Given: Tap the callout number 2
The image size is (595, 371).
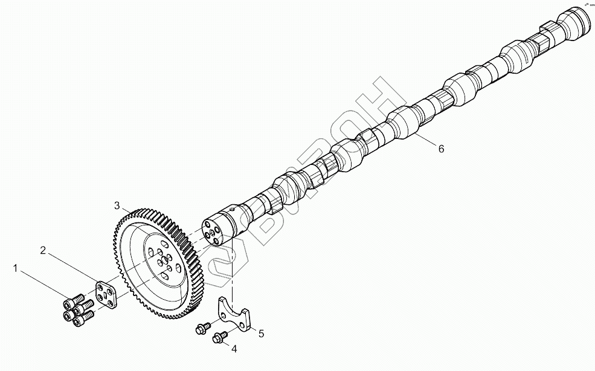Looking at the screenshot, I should coord(43,250).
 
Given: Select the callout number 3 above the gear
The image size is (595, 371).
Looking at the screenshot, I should coord(117,205).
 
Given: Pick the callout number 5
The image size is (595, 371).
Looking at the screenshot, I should coord(262,332).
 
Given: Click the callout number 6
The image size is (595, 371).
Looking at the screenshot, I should coord(441,149).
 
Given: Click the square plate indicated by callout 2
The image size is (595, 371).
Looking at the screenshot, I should coord(106,294).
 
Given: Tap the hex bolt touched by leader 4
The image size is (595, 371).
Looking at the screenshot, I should coord(219,337).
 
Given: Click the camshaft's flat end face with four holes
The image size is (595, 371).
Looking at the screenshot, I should coord(211,234).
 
